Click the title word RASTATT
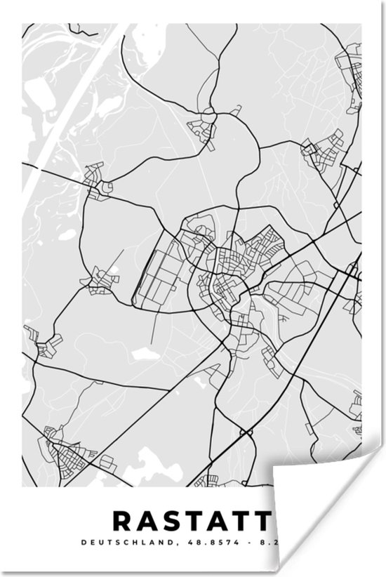click(x=191, y=521)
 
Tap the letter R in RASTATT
click(x=121, y=521)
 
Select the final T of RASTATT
click(x=261, y=521)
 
